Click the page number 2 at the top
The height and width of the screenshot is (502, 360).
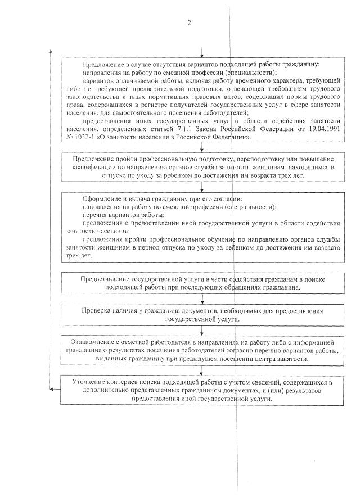click(x=190, y=23)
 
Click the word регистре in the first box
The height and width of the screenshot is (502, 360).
click(x=164, y=105)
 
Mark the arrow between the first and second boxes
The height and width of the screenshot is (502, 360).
click(x=201, y=148)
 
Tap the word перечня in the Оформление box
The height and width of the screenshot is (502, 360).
click(x=95, y=215)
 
